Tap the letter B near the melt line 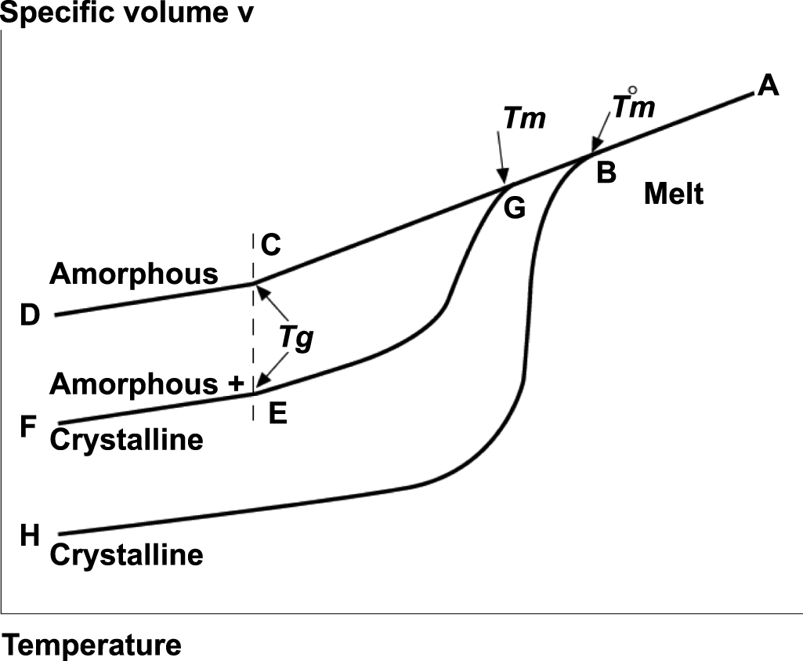click(x=605, y=173)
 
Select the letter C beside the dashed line click(x=271, y=246)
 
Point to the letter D click(x=30, y=315)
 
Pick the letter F click(x=29, y=428)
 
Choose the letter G click(x=514, y=209)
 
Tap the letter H click(x=30, y=536)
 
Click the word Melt click(x=674, y=194)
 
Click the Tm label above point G click(x=524, y=119)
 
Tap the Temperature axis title click(x=92, y=645)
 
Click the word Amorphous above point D click(x=134, y=274)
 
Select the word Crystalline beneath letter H click(x=127, y=555)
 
